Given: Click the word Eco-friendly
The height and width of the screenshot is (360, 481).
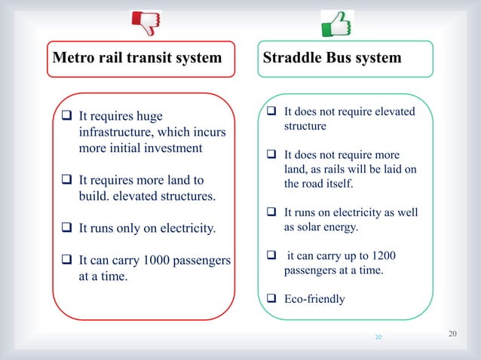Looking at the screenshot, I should (x=314, y=299).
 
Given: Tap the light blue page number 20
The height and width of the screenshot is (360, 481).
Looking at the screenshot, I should (x=378, y=337).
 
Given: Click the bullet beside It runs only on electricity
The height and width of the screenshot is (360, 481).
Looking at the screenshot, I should (x=66, y=228).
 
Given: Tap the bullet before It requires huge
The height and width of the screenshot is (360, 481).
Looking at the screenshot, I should (x=66, y=117).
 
